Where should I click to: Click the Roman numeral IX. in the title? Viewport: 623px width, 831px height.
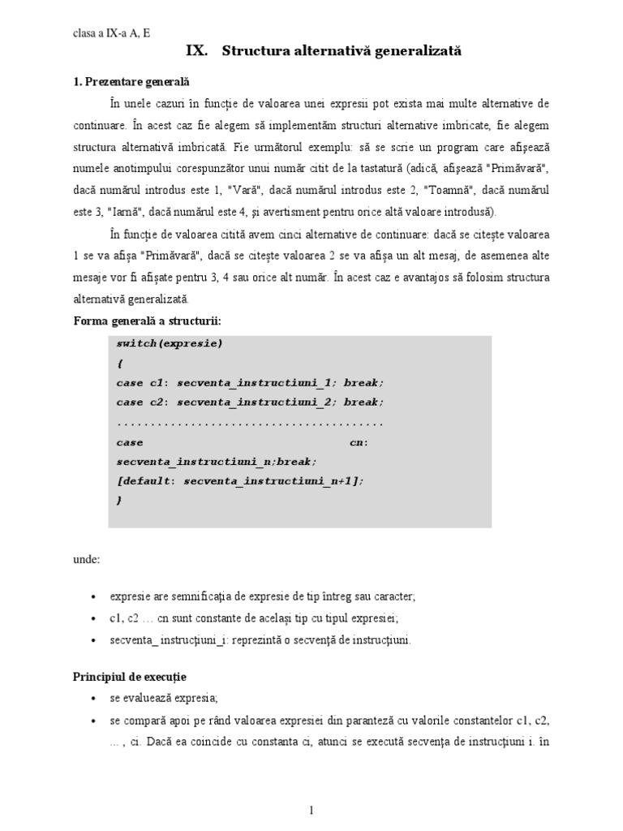point(196,51)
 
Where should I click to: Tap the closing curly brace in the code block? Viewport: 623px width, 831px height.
point(119,501)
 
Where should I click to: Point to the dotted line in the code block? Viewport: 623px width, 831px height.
point(250,423)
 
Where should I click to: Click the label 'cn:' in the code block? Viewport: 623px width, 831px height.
point(359,442)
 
